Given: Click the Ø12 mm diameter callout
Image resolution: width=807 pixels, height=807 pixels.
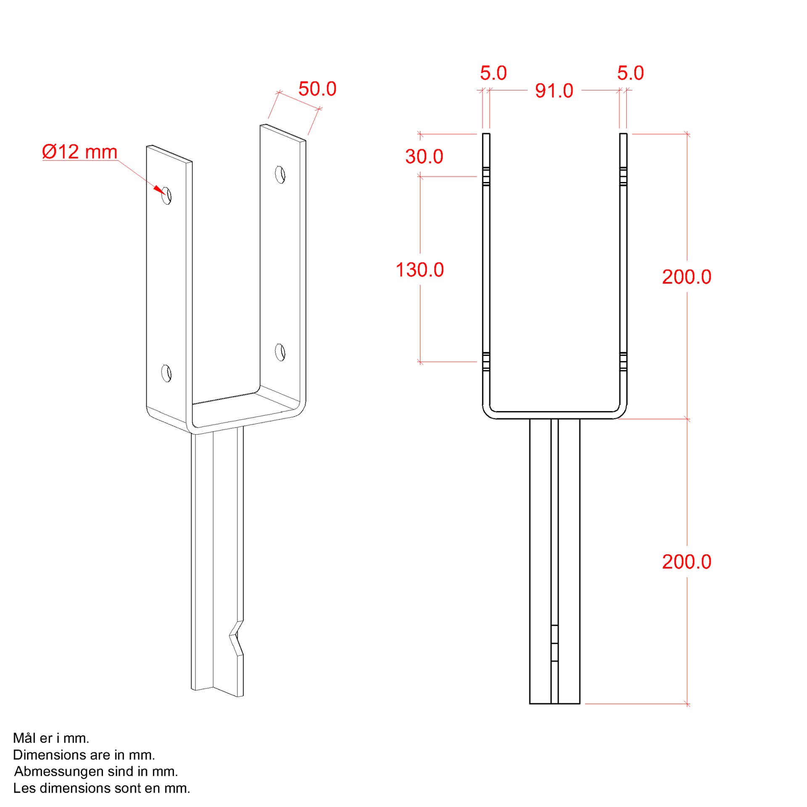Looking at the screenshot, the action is pyautogui.click(x=80, y=152).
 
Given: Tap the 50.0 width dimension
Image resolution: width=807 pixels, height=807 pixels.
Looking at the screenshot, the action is pyautogui.click(x=317, y=89).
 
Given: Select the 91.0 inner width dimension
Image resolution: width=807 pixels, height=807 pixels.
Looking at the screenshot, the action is pyautogui.click(x=554, y=91).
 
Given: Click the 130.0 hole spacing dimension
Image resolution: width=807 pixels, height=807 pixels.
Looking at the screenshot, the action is pyautogui.click(x=420, y=269).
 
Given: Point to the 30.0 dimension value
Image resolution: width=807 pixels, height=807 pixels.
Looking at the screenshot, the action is pyautogui.click(x=424, y=156).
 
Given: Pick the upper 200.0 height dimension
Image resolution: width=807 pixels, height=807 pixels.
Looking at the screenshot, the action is pyautogui.click(x=687, y=277).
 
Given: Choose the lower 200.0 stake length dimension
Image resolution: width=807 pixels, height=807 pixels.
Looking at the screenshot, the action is pyautogui.click(x=687, y=562).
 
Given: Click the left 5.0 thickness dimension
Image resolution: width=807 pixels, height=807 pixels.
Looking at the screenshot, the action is pyautogui.click(x=493, y=73).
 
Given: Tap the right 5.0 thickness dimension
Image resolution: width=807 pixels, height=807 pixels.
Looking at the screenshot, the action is pyautogui.click(x=630, y=73).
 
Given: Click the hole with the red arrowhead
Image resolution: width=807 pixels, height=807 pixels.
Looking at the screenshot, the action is pyautogui.click(x=167, y=196).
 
